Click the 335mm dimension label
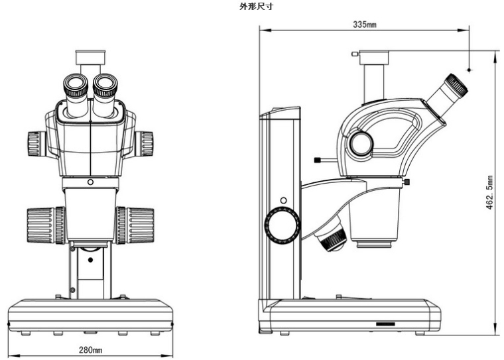[x=365, y=24]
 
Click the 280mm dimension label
[x=91, y=349]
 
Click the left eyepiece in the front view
[x=76, y=86]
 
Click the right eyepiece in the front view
[x=105, y=86]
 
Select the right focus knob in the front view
[x=135, y=225]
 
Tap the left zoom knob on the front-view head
[x=37, y=144]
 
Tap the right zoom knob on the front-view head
[x=144, y=144]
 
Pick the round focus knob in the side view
[x=283, y=225]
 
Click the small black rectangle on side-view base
[x=385, y=324]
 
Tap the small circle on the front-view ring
[x=90, y=182]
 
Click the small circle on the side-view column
[x=283, y=200]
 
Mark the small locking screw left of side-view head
[x=320, y=159]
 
